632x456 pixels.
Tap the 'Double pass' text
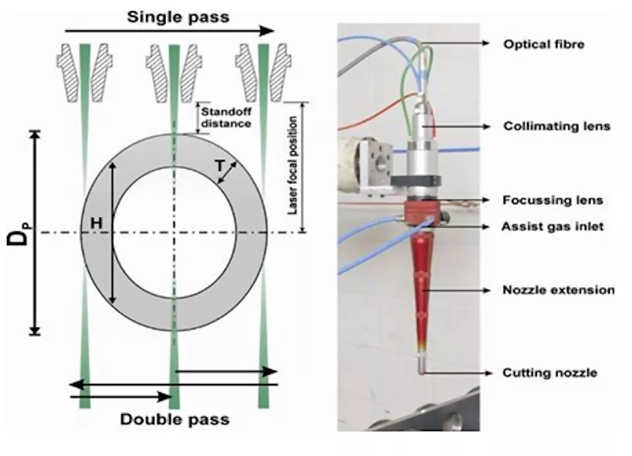click(x=174, y=418)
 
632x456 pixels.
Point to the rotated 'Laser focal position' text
click(x=293, y=165)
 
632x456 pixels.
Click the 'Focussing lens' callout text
click(x=553, y=201)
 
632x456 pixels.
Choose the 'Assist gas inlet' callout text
click(x=553, y=226)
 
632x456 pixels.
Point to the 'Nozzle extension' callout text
click(x=558, y=290)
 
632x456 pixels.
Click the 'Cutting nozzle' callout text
click(x=550, y=373)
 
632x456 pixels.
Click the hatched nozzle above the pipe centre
click(x=174, y=71)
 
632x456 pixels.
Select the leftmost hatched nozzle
click(x=84, y=71)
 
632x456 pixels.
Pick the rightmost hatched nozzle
click(x=263, y=71)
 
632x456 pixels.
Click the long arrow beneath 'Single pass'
click(x=168, y=31)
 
